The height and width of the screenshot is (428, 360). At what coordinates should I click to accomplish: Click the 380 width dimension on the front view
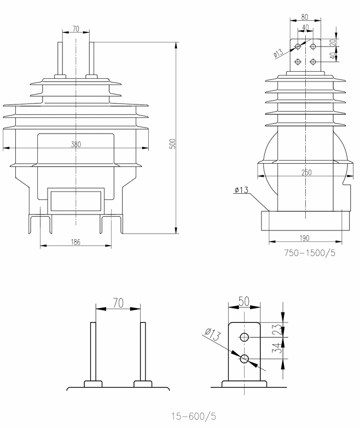tap(76, 145)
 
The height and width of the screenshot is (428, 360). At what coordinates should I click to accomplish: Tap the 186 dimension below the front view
tap(76, 242)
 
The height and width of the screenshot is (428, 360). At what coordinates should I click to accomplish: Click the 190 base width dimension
tap(305, 238)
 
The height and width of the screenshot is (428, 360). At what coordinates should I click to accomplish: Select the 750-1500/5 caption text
tap(310, 253)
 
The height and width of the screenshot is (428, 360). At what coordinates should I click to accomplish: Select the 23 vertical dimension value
tap(277, 329)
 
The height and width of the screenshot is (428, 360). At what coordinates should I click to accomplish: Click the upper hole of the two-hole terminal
tap(244, 336)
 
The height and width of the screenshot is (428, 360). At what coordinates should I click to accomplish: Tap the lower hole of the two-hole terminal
tap(244, 358)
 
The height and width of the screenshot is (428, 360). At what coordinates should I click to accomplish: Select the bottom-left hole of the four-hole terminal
tap(298, 61)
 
